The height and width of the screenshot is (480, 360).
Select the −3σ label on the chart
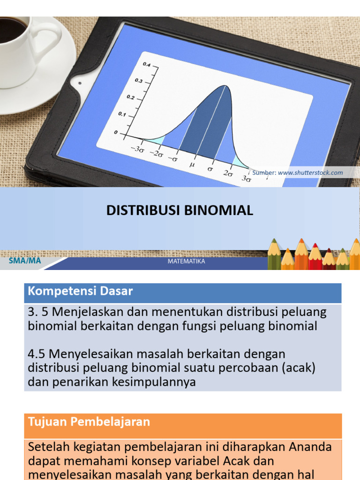click(x=137, y=150)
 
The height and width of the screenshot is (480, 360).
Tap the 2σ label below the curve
click(x=228, y=173)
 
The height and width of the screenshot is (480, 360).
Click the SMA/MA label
click(x=25, y=261)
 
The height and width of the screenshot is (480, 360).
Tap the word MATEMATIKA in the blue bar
click(x=186, y=261)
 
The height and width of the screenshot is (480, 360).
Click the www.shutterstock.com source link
click(x=310, y=172)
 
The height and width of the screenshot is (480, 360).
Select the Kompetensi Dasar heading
click(x=80, y=292)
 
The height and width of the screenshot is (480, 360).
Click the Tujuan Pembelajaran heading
click(x=89, y=422)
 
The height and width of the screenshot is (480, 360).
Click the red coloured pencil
click(x=315, y=257)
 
